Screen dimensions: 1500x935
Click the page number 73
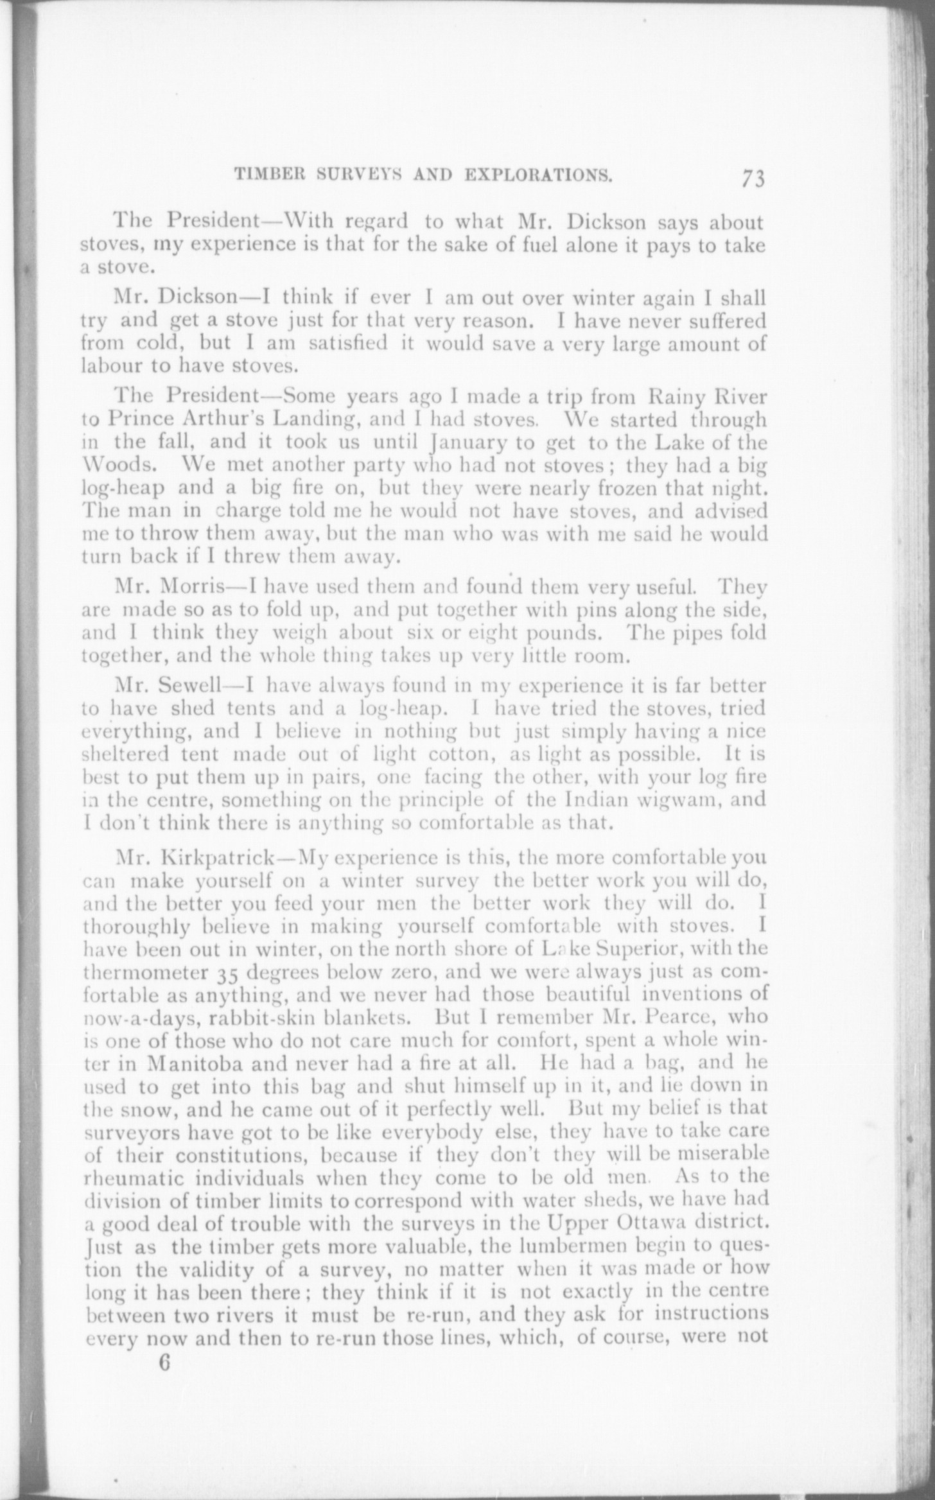pos(753,179)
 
